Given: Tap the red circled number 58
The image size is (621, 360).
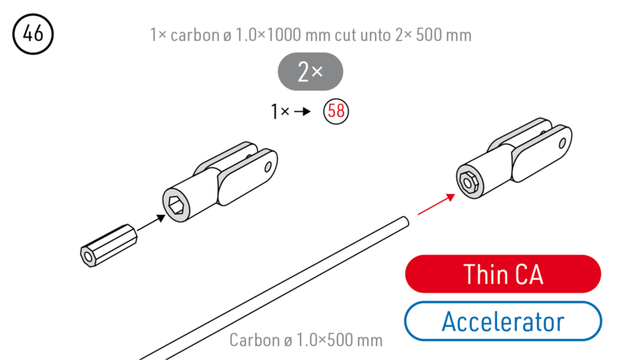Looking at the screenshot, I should (x=336, y=111).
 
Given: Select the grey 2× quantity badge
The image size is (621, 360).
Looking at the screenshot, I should (x=310, y=72).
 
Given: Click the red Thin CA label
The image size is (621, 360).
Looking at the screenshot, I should (x=502, y=274).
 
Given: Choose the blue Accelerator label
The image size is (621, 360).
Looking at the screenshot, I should (x=502, y=320).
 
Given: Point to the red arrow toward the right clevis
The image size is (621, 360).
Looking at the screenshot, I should (x=436, y=204).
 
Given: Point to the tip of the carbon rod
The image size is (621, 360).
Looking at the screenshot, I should (x=404, y=222).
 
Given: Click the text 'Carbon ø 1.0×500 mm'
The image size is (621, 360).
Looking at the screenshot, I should (x=306, y=341).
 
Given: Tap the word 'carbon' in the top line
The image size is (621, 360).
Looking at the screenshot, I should (x=193, y=35).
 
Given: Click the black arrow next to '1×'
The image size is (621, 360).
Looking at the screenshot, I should (x=303, y=112).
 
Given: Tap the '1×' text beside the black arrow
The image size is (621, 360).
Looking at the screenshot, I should (x=280, y=112).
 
